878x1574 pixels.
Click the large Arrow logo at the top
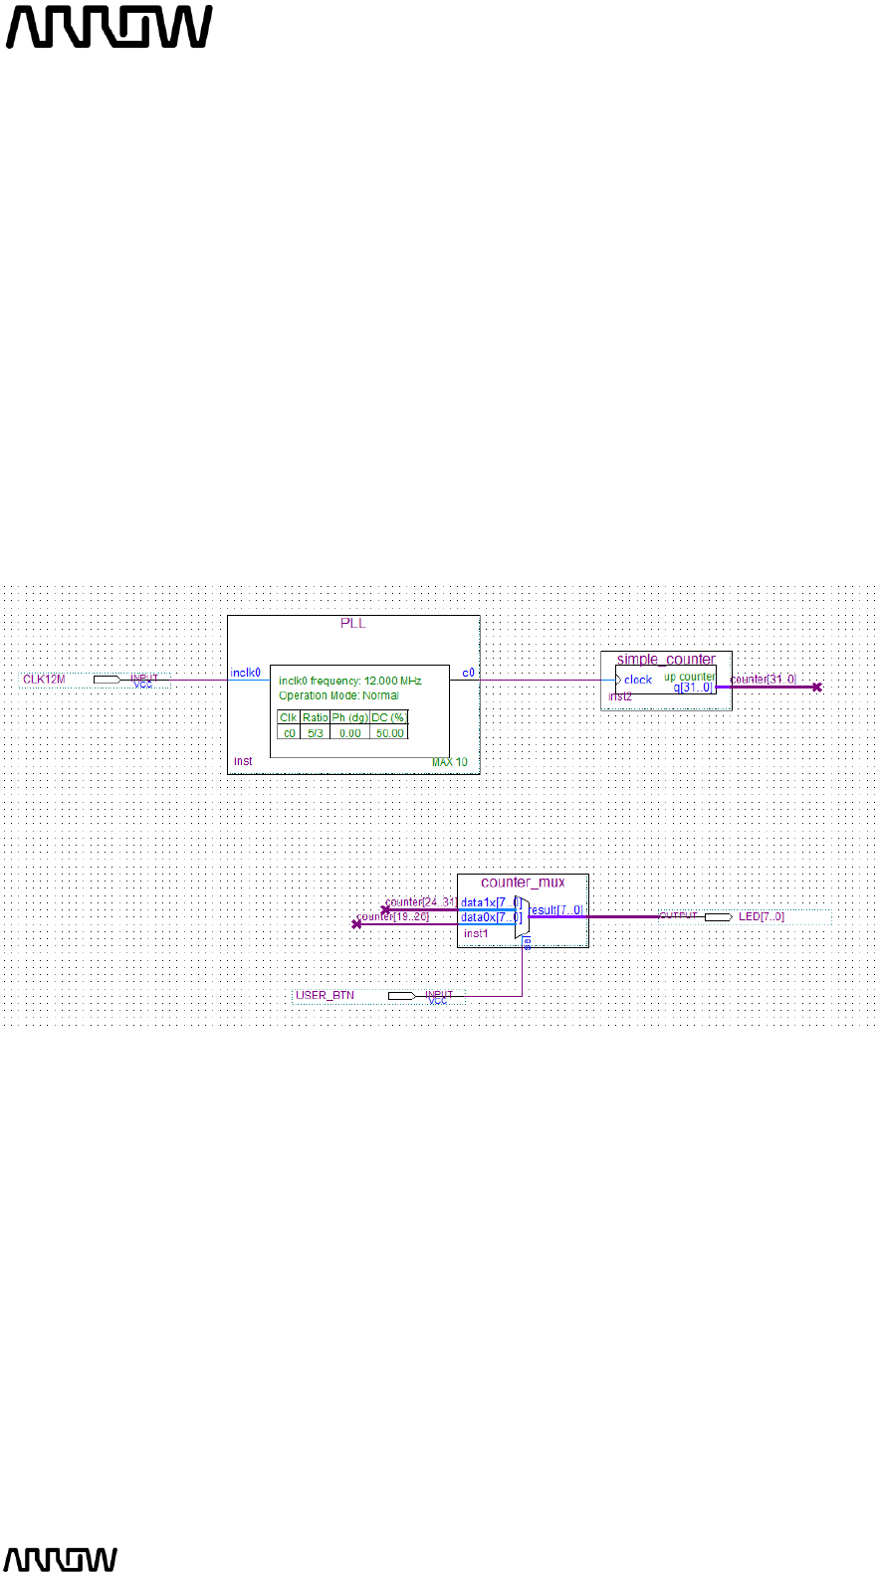pos(110,27)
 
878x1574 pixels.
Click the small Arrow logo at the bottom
pos(61,1559)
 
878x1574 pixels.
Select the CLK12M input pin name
pos(44,680)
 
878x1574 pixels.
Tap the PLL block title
pos(353,624)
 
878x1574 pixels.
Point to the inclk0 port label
pos(246,674)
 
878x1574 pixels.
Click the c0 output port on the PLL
pos(468,674)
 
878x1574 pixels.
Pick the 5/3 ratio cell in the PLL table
pos(316,733)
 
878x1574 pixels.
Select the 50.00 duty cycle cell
pos(390,733)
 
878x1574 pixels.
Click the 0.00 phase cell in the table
pos(349,733)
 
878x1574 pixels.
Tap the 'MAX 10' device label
pos(449,762)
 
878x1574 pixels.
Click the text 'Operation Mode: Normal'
pos(338,695)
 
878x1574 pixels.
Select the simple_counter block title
pos(666,660)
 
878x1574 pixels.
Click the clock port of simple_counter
pos(637,681)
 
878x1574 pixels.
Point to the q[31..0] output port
pos(693,688)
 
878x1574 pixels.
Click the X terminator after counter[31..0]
pos(816,688)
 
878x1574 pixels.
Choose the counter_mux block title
pos(523,883)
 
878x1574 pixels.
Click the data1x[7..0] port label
pos(490,903)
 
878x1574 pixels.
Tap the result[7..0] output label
pos(555,910)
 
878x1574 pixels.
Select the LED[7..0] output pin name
pos(762,916)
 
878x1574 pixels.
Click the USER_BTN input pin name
pos(325,995)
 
